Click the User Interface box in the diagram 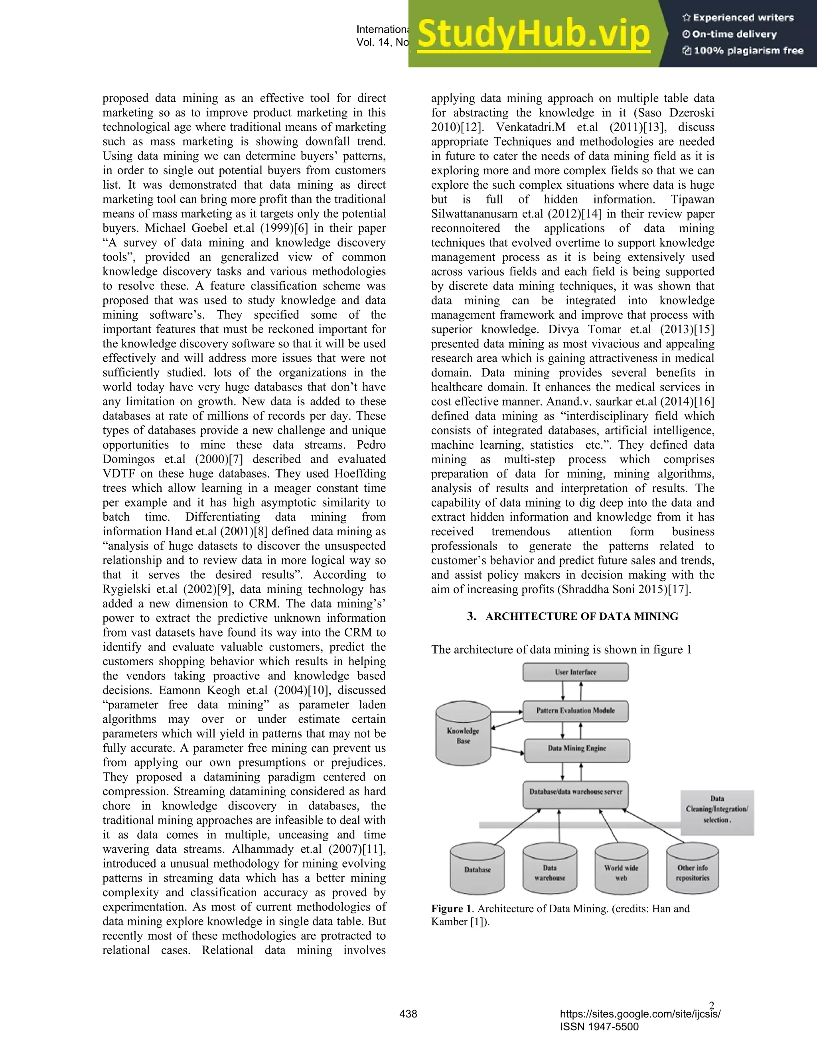(x=576, y=672)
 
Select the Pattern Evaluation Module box (x=576, y=711)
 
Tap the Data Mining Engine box (x=577, y=748)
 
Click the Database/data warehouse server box (x=576, y=792)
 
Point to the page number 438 (x=408, y=1014)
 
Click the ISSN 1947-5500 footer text (x=599, y=1027)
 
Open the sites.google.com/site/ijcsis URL (x=640, y=1014)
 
